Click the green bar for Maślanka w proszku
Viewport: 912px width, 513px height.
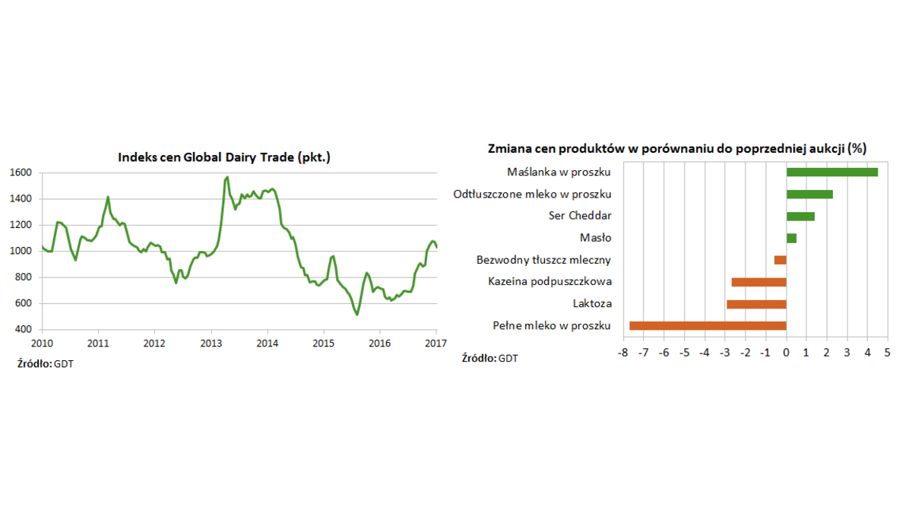pos(831,172)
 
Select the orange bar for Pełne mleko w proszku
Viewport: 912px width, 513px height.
pos(708,326)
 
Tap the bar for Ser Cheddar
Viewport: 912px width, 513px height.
pos(800,216)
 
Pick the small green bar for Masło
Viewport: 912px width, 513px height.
pos(791,238)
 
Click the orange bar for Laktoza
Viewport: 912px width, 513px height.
pos(756,304)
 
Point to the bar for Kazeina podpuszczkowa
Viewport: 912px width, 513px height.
pos(758,282)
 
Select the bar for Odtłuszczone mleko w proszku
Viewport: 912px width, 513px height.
pos(809,194)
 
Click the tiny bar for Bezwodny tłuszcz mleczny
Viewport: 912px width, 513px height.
pos(781,260)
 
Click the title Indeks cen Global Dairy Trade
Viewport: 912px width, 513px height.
pos(224,157)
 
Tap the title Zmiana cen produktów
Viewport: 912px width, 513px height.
pos(677,148)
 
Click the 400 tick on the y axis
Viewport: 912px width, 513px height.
pos(24,330)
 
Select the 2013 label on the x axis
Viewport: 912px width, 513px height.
pos(211,343)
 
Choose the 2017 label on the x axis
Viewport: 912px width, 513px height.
pos(435,343)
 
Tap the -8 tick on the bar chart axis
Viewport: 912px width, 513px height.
pos(622,353)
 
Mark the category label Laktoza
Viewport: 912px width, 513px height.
pos(592,304)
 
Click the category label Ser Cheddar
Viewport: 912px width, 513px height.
pos(580,216)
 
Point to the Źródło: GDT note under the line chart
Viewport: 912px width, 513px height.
pos(46,364)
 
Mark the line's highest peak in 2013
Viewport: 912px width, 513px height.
pos(227,177)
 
